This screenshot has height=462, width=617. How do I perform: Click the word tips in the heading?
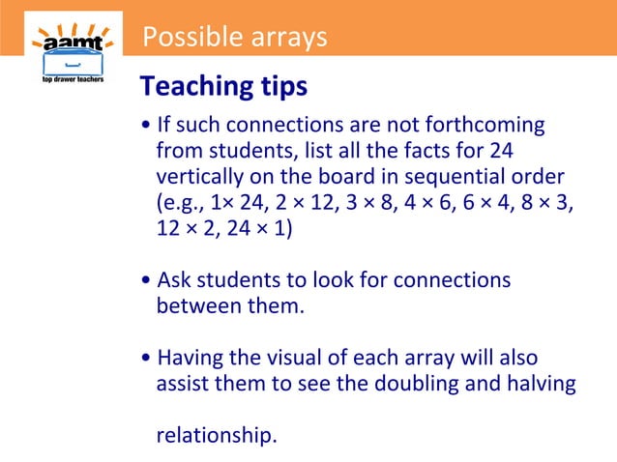click(x=280, y=87)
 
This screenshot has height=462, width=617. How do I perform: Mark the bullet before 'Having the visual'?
click(x=145, y=359)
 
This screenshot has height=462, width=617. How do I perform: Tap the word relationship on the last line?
click(x=216, y=436)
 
